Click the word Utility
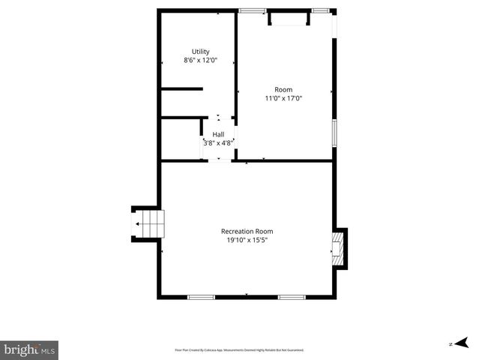pos(200,52)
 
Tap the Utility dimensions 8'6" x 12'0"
pos(200,60)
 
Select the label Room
pos(283,90)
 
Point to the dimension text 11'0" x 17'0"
pos(283,98)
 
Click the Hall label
pos(218,135)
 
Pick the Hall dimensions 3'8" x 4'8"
pos(218,142)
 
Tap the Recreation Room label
pos(247,232)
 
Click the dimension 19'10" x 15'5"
pos(247,240)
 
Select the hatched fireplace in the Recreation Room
pos(338,248)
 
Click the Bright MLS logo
pos(29,349)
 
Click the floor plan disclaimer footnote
pos(239,349)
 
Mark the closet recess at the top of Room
pos(288,19)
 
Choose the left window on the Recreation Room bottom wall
pos(201,297)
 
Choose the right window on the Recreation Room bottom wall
pos(292,297)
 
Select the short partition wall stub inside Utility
pos(182,89)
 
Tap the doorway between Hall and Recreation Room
pos(219,160)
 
